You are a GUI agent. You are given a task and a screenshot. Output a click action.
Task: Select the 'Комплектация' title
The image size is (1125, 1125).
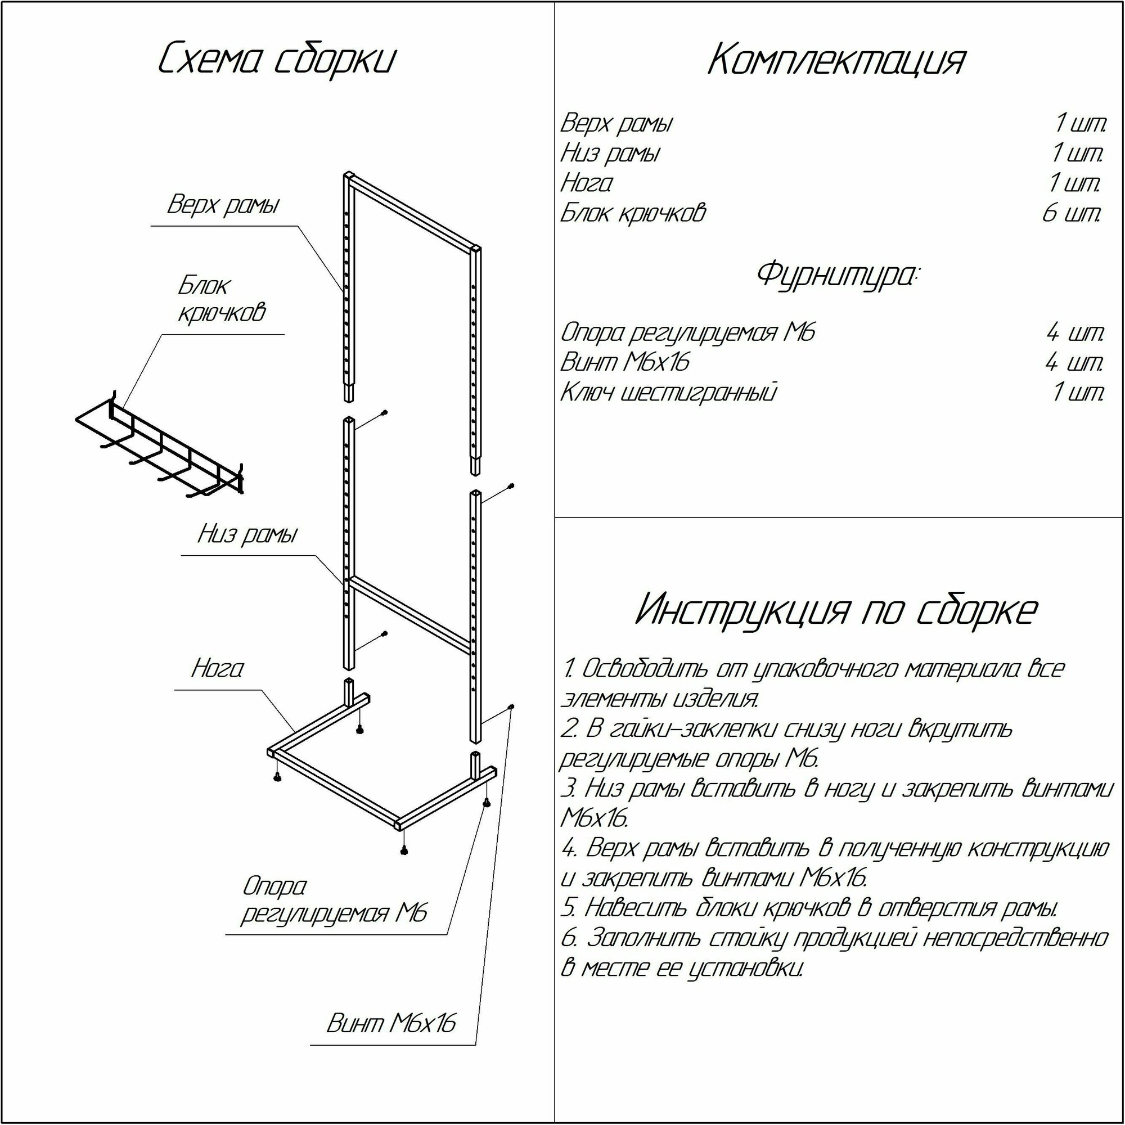(837, 61)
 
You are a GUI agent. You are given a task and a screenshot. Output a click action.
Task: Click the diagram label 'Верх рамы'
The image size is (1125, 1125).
(223, 205)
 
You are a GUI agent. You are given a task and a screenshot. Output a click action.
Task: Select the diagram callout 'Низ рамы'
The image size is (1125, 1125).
(247, 534)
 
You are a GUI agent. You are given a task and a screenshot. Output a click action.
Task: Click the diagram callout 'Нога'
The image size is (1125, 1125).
(217, 668)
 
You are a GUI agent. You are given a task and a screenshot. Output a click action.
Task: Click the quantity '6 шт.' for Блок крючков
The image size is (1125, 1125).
(1072, 213)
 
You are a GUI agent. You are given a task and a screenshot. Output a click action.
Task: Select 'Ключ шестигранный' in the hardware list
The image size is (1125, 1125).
(668, 393)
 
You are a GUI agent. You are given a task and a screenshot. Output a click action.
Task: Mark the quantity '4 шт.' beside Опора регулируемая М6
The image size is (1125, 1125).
(1075, 332)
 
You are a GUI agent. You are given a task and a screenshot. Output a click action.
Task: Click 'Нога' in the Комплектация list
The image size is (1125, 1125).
(586, 183)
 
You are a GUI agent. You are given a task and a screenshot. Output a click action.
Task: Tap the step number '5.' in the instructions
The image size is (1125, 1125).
(569, 907)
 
